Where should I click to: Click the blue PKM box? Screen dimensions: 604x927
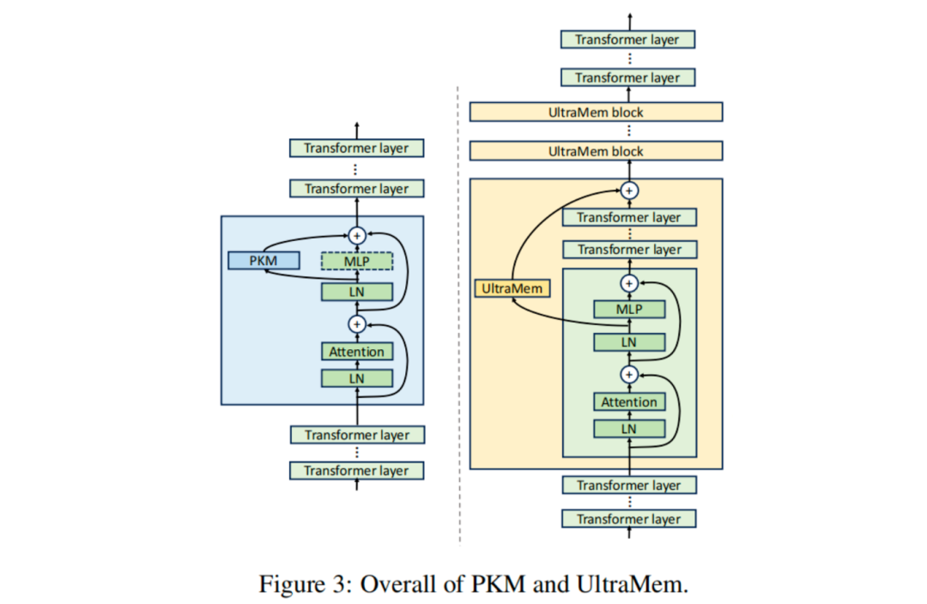(264, 260)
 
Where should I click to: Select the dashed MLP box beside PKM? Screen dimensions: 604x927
(356, 260)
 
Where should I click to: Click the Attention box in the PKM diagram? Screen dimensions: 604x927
(356, 351)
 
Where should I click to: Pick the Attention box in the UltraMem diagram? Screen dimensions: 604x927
(629, 402)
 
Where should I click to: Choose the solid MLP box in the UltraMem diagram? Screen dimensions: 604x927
(629, 309)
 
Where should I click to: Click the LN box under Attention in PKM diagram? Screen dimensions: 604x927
(356, 377)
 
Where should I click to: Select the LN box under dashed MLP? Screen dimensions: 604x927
(356, 292)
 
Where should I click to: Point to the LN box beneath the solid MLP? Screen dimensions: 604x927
(629, 342)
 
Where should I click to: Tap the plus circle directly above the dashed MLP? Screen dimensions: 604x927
(356, 234)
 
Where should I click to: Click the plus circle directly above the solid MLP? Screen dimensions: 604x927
(629, 282)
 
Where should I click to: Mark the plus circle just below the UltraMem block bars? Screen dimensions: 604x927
(629, 190)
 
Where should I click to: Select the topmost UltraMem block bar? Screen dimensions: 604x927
(596, 112)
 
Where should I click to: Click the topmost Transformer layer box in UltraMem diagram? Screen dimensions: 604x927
(627, 39)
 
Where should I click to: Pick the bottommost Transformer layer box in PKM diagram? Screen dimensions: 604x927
(355, 470)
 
